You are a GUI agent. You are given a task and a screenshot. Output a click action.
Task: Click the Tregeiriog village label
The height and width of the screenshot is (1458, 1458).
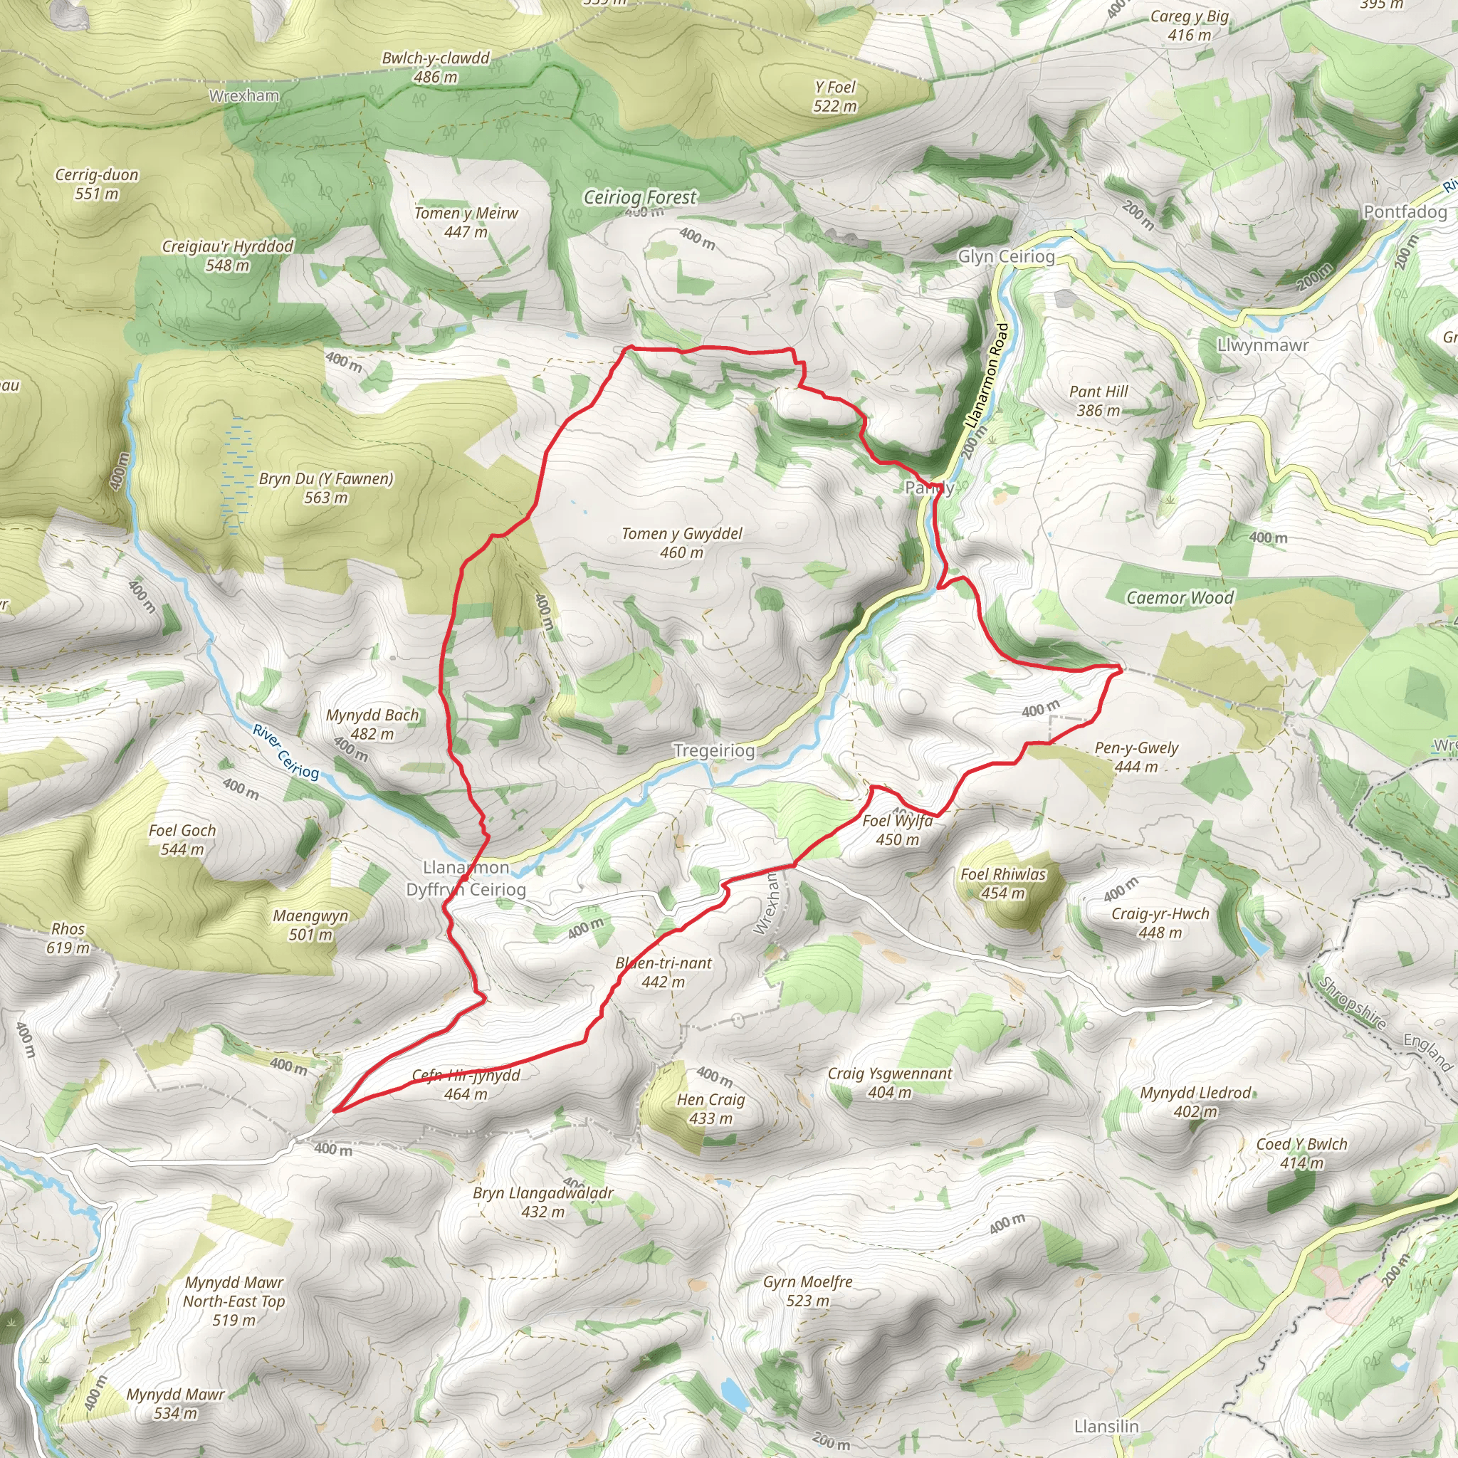coord(713,751)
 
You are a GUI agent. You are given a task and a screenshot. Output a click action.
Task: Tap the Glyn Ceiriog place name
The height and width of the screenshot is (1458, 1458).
coord(1006,256)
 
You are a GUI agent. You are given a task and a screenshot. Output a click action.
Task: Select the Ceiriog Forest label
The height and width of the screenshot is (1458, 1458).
coord(640,198)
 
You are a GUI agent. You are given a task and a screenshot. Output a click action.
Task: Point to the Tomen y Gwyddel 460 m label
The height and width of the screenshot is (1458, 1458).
coord(681,542)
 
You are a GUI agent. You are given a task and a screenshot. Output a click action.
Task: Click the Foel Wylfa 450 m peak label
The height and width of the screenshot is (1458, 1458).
coord(897,830)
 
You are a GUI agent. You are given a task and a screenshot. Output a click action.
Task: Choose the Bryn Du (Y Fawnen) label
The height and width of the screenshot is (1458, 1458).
coord(326,488)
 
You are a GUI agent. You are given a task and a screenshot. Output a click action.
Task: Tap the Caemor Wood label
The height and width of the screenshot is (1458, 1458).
coord(1180,598)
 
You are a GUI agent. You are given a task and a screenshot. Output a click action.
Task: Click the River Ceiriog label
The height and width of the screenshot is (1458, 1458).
coord(286,752)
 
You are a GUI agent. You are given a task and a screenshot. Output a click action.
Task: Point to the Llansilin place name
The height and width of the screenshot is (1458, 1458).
coord(1106,1425)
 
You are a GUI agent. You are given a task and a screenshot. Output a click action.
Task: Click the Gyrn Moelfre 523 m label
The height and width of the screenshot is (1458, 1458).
coord(807,1291)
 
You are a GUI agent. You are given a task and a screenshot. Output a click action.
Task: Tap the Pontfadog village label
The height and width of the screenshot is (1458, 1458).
coord(1405,212)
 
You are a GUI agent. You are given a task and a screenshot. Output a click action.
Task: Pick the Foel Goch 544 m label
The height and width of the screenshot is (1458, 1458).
coord(182,839)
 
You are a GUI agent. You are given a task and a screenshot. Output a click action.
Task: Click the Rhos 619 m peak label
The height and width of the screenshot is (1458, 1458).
coord(68,938)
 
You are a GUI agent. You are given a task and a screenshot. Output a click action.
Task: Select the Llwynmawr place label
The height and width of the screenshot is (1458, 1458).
coord(1262,345)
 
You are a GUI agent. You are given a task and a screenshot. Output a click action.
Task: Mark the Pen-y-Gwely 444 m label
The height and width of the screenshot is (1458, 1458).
coord(1136,757)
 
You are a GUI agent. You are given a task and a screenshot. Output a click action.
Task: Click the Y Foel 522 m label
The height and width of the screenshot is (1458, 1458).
coord(834,97)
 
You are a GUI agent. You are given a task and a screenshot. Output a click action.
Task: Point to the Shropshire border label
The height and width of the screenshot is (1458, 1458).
coord(1353,1003)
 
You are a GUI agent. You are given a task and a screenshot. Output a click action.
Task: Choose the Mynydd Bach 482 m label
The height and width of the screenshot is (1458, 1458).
coord(372,724)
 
